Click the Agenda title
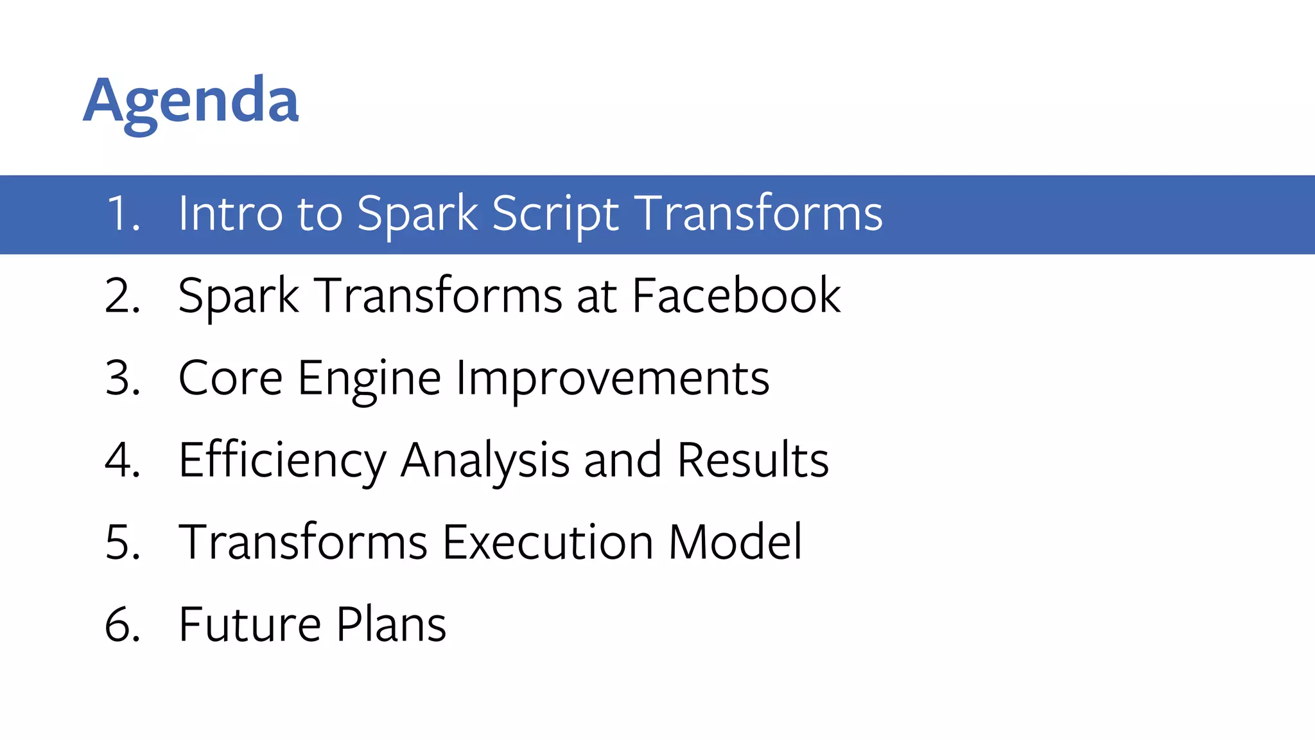click(191, 101)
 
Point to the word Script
click(555, 215)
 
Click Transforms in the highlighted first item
click(760, 213)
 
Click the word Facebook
click(736, 295)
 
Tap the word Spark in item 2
click(238, 297)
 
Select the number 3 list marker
click(122, 378)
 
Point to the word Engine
click(369, 379)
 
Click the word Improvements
click(613, 379)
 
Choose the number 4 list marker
click(122, 460)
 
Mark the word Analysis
click(485, 461)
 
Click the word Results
click(753, 460)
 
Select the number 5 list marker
click(122, 542)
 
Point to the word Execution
click(548, 542)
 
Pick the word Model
click(735, 542)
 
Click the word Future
click(250, 624)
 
